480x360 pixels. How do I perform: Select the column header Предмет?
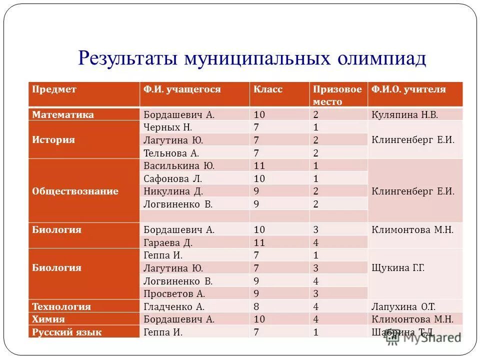54,89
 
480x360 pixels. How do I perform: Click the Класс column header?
268,89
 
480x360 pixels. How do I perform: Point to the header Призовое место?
337,95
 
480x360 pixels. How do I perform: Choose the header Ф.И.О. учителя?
408,89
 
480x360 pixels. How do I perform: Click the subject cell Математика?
63,114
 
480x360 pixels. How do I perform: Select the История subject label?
53,140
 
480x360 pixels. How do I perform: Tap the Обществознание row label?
75,191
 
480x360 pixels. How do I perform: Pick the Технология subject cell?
61,306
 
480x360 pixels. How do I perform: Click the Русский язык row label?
67,332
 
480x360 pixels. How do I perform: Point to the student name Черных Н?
168,127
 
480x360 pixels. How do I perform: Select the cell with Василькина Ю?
179,165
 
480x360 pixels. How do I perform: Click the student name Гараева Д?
168,242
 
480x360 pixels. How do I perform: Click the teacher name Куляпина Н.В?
404,114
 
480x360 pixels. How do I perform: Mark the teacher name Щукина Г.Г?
398,268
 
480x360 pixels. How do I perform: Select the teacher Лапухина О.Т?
403,306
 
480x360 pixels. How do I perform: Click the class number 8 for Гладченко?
256,306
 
